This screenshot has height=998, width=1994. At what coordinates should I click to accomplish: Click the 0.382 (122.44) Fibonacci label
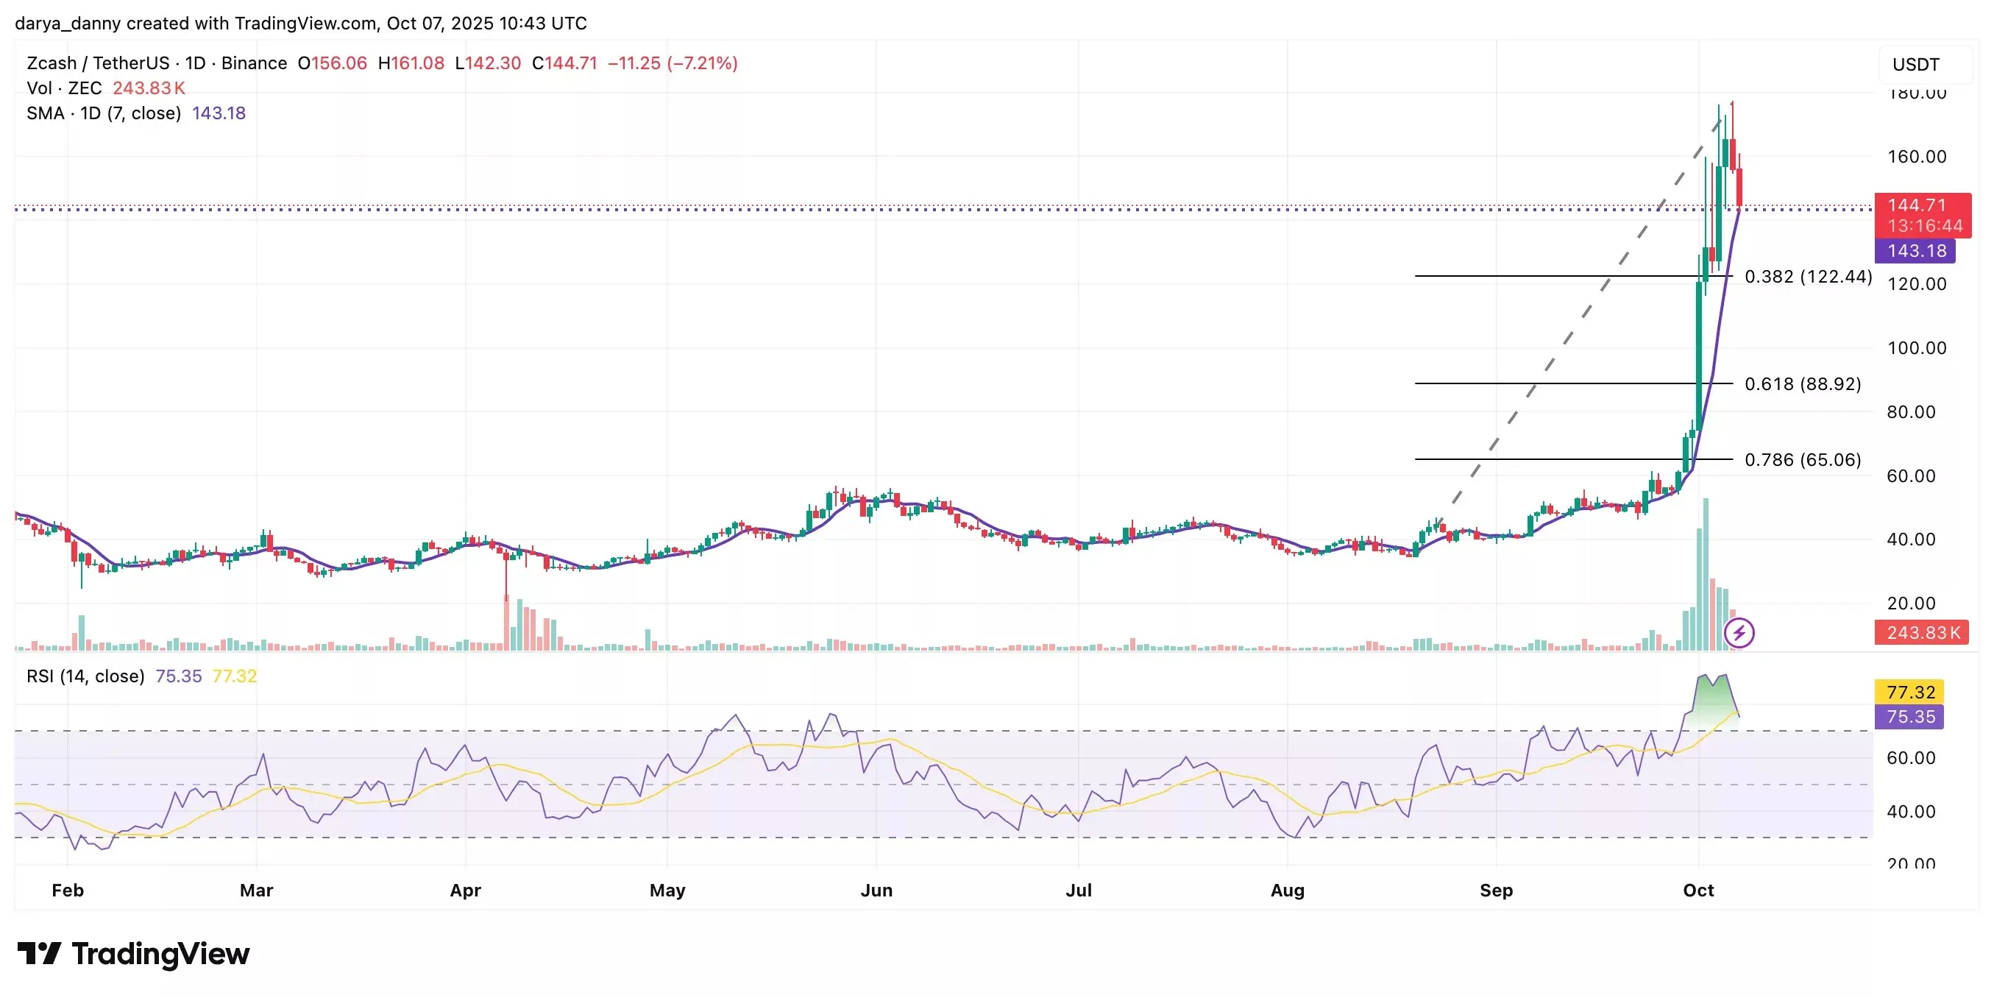(1807, 277)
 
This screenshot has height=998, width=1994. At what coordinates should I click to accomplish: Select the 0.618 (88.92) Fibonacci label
(1802, 384)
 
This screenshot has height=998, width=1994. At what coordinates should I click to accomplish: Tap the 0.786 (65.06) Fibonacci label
(1802, 460)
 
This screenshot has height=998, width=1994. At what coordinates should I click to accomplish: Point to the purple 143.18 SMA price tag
(1916, 251)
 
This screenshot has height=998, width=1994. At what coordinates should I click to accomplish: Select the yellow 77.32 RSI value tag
(1909, 691)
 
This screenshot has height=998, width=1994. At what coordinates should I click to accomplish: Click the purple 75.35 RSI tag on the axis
(1909, 717)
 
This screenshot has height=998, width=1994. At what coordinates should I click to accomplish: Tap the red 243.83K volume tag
(1922, 632)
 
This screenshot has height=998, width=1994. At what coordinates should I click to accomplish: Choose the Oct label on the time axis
(1698, 891)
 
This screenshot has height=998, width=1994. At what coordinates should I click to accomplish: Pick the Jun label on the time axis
(876, 891)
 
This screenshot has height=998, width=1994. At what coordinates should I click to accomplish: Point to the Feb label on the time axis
(68, 891)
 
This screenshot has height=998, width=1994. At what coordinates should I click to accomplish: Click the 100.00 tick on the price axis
(1916, 347)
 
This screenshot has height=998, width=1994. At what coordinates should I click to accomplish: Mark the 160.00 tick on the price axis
(1916, 156)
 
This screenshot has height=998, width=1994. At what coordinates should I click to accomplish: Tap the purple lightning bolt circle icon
(1739, 634)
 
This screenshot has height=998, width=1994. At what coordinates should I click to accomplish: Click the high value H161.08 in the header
(411, 63)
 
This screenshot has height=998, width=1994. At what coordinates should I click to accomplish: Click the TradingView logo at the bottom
(133, 954)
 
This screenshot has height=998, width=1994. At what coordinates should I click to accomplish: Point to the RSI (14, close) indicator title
(85, 676)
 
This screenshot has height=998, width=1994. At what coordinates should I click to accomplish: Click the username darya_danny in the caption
(68, 24)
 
